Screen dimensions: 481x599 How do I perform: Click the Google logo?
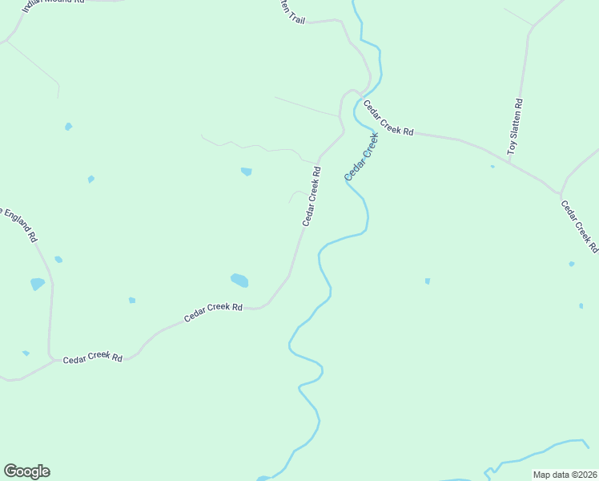pos(26,471)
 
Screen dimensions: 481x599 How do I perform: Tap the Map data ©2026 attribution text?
pos(565,474)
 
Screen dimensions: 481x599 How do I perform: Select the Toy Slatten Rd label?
pos(516,127)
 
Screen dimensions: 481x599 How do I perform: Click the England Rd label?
pos(19,225)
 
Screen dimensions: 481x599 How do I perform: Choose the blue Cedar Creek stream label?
pos(360,156)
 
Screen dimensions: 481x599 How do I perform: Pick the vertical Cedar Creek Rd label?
pos(312,196)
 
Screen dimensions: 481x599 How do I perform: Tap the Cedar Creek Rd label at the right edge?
pos(579,226)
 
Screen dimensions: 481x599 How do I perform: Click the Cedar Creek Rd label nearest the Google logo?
pos(94,357)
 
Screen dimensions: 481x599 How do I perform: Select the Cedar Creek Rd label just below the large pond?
pos(213,312)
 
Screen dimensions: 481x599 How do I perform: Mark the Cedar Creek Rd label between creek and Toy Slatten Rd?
pos(388,118)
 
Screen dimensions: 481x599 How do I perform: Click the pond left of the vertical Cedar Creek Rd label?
pos(246,171)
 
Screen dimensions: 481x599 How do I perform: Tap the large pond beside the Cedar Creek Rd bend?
pos(239,280)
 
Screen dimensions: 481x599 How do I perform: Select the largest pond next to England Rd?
pos(38,284)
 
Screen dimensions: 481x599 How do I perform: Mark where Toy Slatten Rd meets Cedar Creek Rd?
pos(513,166)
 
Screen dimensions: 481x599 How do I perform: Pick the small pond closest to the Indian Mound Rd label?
pos(68,127)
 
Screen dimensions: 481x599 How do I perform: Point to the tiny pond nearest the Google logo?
pos(26,353)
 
